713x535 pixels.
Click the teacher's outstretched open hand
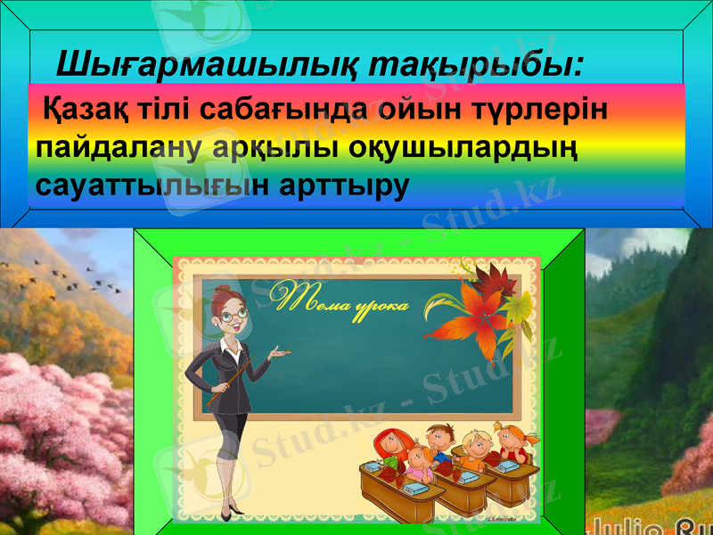[283, 355]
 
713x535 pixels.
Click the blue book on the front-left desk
[415, 489]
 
